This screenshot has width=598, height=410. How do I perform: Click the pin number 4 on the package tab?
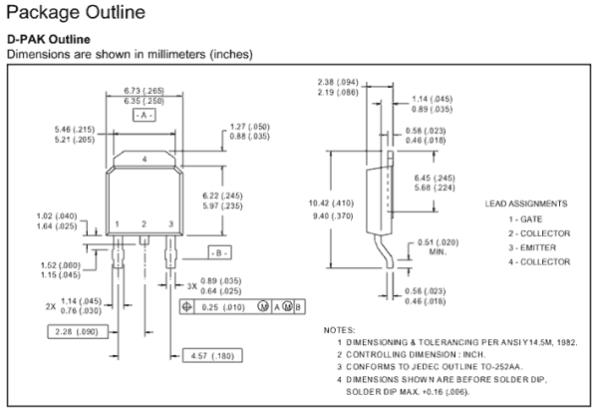click(145, 160)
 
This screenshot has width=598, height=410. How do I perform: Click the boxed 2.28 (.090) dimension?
click(75, 330)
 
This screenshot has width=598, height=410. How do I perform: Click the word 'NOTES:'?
click(345, 329)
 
